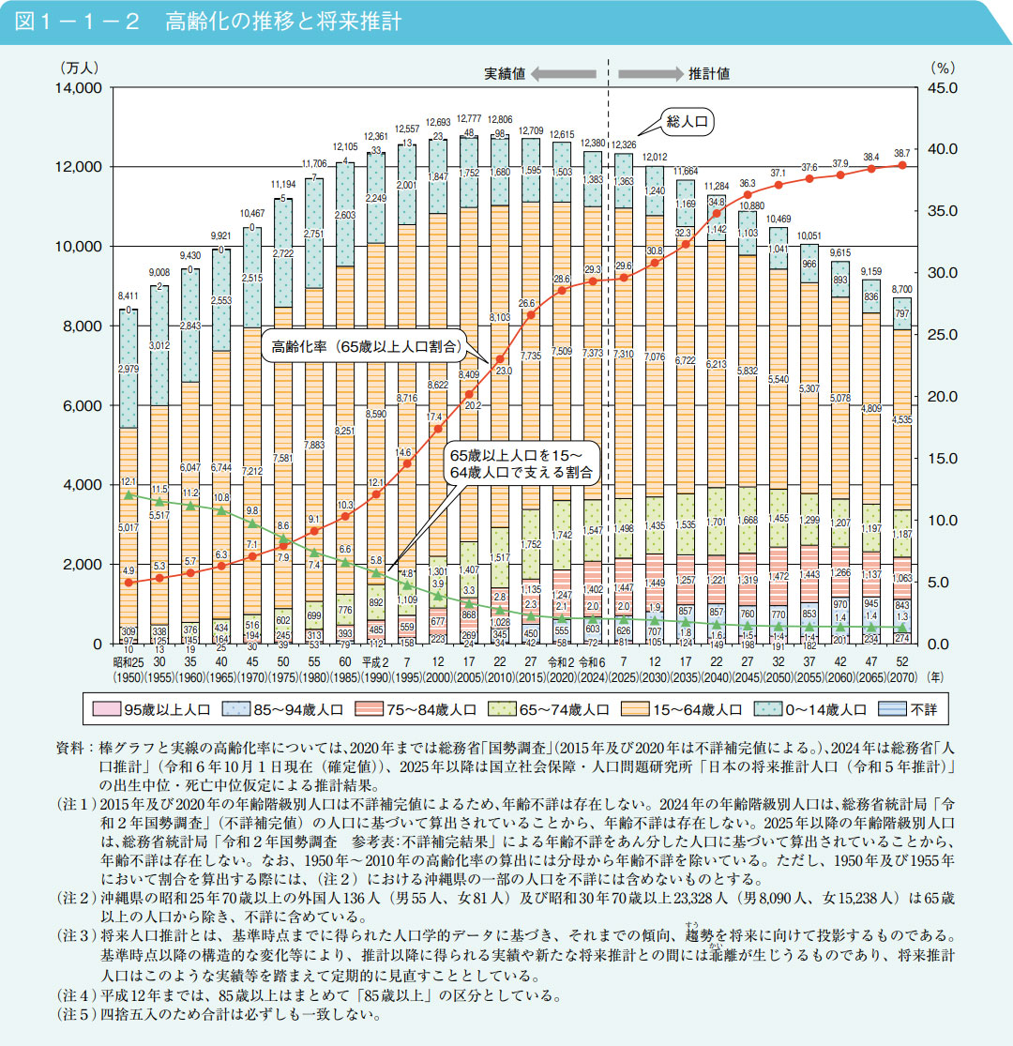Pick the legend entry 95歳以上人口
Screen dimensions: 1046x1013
click(x=150, y=708)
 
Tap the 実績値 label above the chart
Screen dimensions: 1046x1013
click(x=505, y=73)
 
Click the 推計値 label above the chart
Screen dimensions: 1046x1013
click(x=709, y=73)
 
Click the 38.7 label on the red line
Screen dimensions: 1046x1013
click(x=901, y=152)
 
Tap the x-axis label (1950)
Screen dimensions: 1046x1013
click(x=132, y=675)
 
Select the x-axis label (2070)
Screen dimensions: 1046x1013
click(x=901, y=675)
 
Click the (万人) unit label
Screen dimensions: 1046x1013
click(x=80, y=68)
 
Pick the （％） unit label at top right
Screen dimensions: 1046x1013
click(x=941, y=68)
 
